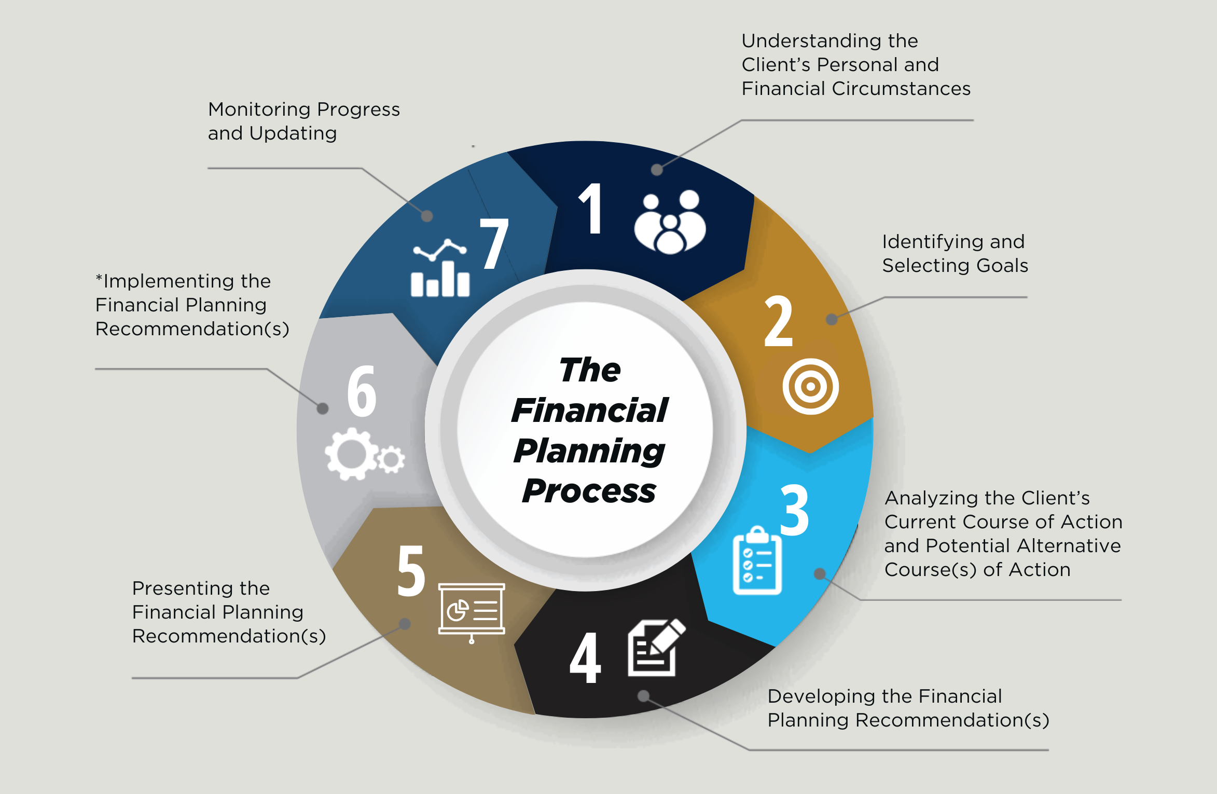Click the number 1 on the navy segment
(x=591, y=209)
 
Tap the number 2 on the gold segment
(x=779, y=321)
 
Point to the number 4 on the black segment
(x=585, y=658)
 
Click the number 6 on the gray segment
(x=362, y=391)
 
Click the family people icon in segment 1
(x=670, y=223)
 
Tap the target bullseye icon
(x=810, y=387)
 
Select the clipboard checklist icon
(x=757, y=561)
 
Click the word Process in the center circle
(x=589, y=491)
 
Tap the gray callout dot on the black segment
(x=643, y=696)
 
